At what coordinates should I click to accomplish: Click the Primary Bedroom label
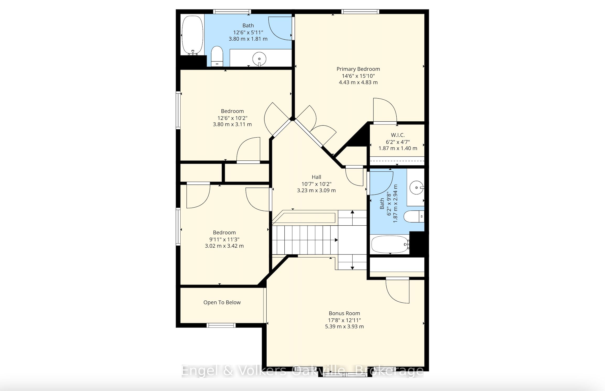coord(358,69)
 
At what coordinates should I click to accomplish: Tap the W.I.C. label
coord(398,135)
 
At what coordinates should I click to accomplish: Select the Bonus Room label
coord(344,313)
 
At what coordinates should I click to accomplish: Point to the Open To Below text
coord(222,302)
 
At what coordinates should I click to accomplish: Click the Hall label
coord(316,177)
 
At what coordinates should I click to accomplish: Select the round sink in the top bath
coord(259,59)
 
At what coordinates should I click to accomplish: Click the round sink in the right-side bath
coord(417,187)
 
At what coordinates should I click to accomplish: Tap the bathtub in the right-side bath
coord(390,244)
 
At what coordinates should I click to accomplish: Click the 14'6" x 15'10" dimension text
coord(358,76)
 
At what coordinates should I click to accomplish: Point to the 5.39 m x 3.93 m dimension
coord(344,327)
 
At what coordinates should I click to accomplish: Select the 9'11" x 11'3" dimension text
coord(224,239)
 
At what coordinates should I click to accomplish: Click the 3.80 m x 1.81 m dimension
coord(248,39)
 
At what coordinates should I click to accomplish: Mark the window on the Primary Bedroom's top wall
coord(360,12)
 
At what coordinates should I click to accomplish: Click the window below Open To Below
coord(221,325)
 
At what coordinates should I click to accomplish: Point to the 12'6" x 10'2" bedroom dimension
coord(232,118)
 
